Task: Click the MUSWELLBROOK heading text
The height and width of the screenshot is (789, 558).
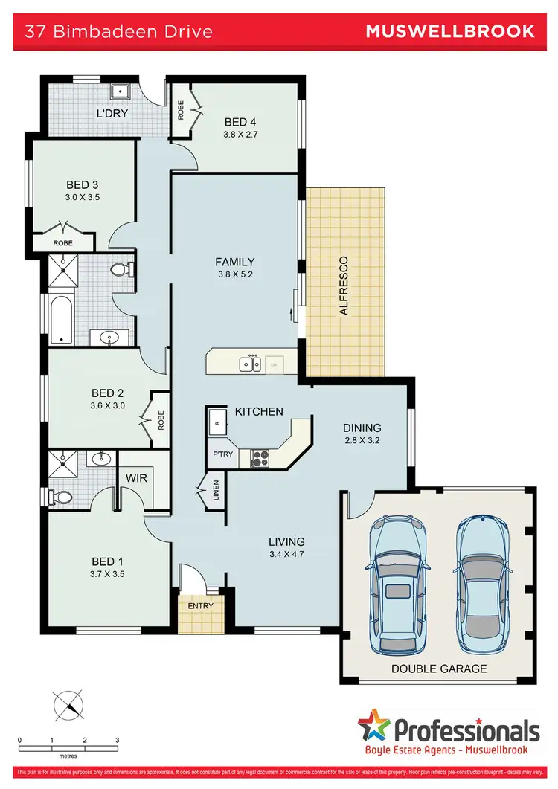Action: point(450,30)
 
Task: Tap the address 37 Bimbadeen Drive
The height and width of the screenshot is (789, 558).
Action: point(119,31)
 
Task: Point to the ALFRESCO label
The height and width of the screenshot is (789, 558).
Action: point(344,286)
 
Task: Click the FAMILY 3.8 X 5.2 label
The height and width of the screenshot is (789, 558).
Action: point(235,267)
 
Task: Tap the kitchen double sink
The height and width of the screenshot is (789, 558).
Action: point(250,364)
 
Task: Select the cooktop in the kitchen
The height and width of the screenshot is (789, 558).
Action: point(260,458)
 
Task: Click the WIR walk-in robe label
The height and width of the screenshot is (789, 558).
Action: point(135,479)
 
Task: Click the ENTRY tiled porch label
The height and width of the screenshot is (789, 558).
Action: point(200,605)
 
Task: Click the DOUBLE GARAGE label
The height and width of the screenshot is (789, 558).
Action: point(439,669)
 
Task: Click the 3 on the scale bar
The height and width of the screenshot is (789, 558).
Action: point(118,741)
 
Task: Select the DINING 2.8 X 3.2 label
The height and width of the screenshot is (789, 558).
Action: point(362,434)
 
